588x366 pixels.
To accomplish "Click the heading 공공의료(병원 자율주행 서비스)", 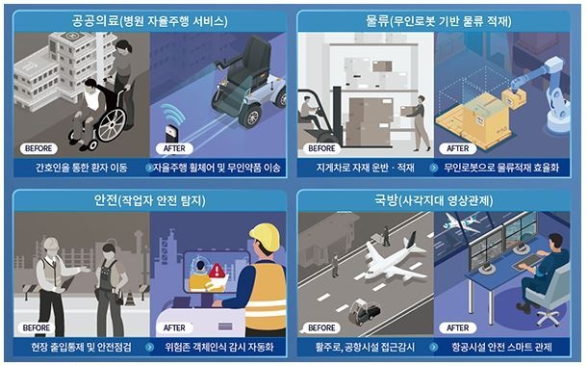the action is point(149,21).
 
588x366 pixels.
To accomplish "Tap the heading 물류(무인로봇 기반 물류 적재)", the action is point(439,21).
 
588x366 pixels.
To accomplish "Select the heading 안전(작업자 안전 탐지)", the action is point(149,200).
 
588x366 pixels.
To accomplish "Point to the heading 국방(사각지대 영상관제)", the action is point(434,200).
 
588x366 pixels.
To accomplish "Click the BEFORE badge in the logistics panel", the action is point(321,148).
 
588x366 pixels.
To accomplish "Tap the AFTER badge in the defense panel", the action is point(457,327).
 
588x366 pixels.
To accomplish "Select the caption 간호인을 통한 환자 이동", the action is point(82,168).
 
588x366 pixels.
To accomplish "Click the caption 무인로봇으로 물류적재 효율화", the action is point(501,168).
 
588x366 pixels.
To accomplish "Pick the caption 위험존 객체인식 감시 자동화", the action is point(219,347).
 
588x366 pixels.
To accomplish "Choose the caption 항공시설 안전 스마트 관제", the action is point(501,347).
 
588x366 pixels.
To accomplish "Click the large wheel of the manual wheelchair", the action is point(112,125).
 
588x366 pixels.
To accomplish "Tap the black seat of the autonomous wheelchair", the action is point(249,64).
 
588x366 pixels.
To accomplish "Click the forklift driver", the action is point(309,112).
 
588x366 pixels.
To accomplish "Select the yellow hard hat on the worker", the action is point(265,237).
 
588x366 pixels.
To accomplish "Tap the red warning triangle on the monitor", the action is point(217,271).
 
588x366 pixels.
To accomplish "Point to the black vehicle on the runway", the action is point(364,311).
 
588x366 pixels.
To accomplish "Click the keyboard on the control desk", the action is point(528,262).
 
